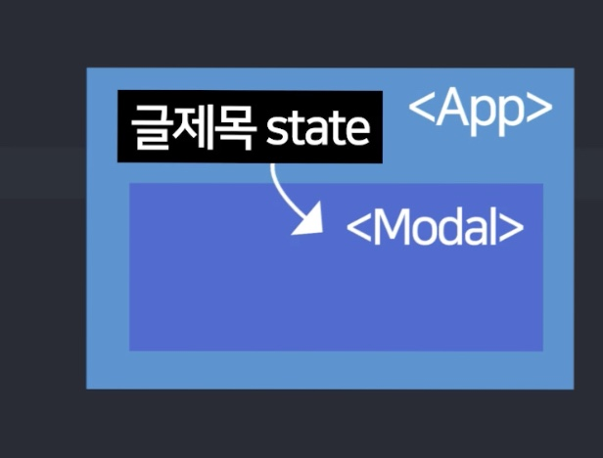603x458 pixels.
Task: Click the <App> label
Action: coord(480,110)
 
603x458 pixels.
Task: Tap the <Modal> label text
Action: coord(435,228)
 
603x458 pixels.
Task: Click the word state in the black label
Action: coord(317,128)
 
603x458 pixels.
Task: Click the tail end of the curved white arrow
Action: coord(273,166)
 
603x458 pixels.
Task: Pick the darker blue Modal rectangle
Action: coord(336,294)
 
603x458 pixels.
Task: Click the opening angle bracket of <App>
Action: coord(420,111)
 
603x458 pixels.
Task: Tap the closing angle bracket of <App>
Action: coord(539,111)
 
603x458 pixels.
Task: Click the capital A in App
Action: coord(449,109)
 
